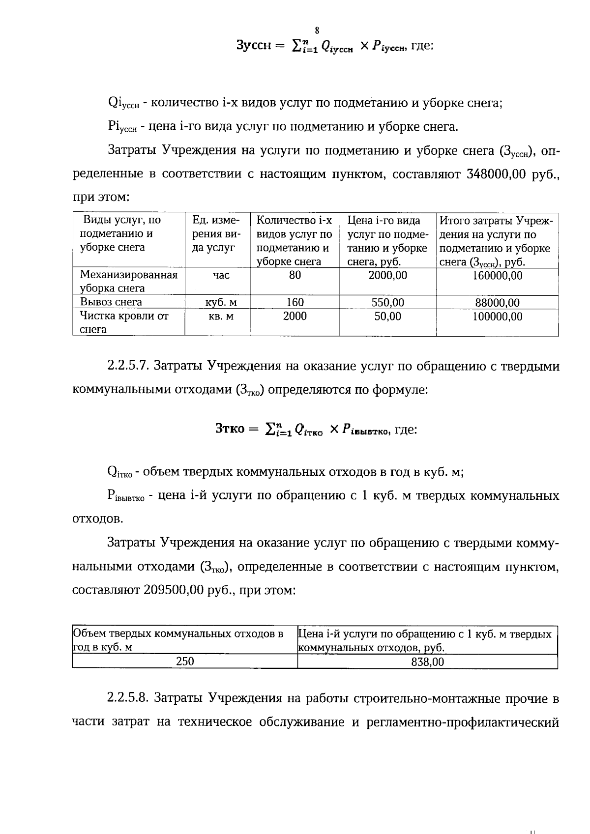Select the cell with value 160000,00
point(497,276)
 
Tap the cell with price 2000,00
point(387,275)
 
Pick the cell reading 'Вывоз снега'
point(111,302)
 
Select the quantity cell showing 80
point(295,275)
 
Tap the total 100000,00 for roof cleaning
point(497,316)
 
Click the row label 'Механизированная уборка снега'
point(128,281)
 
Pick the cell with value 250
point(185,661)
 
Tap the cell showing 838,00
point(427,662)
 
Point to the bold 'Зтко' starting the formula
point(230,429)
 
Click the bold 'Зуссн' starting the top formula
point(254,46)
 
